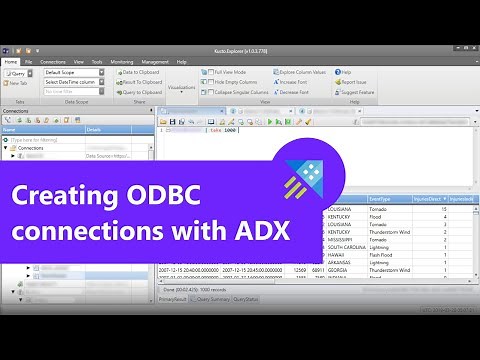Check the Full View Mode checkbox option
[x=228, y=72]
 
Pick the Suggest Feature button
[x=360, y=91]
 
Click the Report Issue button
[x=357, y=81]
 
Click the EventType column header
[x=378, y=200]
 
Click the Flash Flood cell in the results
[x=378, y=255]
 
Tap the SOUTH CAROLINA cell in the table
[x=346, y=247]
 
